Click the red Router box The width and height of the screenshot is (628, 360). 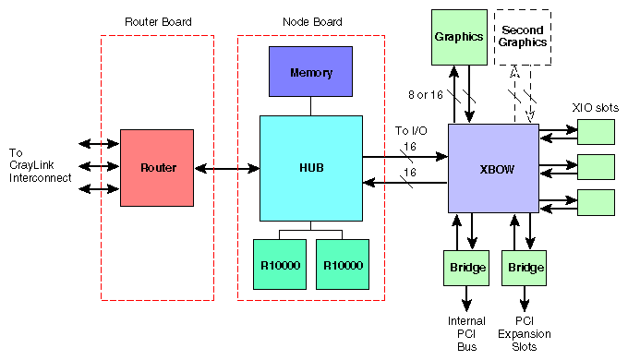(x=156, y=168)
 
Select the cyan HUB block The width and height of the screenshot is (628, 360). (x=310, y=168)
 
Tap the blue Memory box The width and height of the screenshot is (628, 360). (x=310, y=72)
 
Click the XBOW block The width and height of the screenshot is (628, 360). (x=493, y=168)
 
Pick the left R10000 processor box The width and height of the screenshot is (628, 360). (x=279, y=265)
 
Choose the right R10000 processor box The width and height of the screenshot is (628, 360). (x=342, y=265)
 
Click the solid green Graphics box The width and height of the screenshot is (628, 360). (x=459, y=37)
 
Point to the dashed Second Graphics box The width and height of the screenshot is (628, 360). (x=524, y=37)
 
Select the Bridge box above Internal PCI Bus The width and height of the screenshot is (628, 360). (x=466, y=268)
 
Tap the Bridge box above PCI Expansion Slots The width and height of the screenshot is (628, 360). (x=524, y=268)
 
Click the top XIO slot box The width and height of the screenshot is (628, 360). (x=596, y=133)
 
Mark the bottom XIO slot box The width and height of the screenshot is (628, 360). (x=596, y=201)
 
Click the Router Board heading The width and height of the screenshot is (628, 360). (x=157, y=21)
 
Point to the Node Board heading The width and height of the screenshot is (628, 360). (x=312, y=21)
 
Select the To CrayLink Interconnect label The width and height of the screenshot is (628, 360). (x=40, y=166)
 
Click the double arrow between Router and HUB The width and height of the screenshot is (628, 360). (x=226, y=168)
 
